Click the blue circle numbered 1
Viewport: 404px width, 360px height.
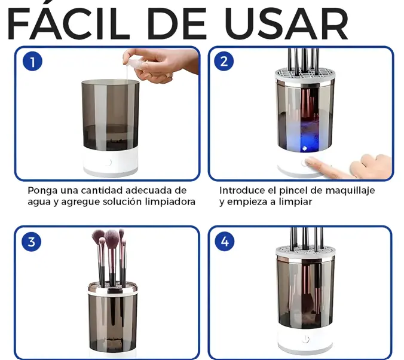(32, 62)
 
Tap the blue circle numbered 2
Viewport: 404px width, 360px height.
(224, 62)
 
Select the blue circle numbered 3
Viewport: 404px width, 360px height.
(32, 242)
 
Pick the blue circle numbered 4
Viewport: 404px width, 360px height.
(225, 242)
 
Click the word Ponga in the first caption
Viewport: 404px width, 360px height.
(42, 191)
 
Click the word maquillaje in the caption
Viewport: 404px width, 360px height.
(350, 191)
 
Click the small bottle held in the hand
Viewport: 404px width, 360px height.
(136, 65)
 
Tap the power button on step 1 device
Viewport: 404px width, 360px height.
(109, 163)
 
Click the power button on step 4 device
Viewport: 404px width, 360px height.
(305, 339)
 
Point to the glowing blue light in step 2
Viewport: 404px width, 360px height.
(305, 148)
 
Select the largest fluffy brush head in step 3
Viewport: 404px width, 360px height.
(112, 239)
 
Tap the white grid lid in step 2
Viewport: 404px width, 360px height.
(305, 75)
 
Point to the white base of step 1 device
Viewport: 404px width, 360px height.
(111, 163)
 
